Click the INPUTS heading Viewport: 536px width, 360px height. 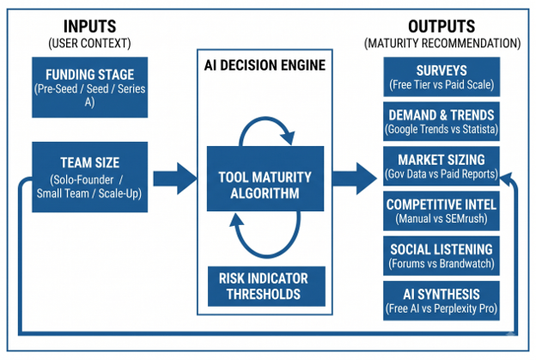tap(89, 27)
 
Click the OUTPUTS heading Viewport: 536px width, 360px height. tap(442, 27)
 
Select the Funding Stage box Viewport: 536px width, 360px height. tap(90, 87)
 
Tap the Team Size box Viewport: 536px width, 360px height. tap(90, 177)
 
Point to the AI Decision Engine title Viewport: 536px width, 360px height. tap(265, 65)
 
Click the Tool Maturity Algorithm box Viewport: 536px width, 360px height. tap(265, 179)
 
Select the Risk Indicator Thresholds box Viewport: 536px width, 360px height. tap(266, 286)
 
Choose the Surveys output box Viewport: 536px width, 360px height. tap(442, 76)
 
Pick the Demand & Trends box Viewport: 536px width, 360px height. tap(442, 121)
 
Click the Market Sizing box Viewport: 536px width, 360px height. tap(442, 166)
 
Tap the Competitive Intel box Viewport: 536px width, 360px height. tap(442, 211)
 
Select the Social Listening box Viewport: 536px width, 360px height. tap(442, 256)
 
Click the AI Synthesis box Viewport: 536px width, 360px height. tap(442, 301)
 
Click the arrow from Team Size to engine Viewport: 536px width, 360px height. tap(174, 179)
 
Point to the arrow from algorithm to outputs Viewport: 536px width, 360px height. tap(355, 179)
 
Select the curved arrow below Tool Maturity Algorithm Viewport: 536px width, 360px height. tap(266, 256)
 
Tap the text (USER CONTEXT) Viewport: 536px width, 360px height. tap(89, 44)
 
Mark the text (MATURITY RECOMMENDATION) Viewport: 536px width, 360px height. tap(442, 44)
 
